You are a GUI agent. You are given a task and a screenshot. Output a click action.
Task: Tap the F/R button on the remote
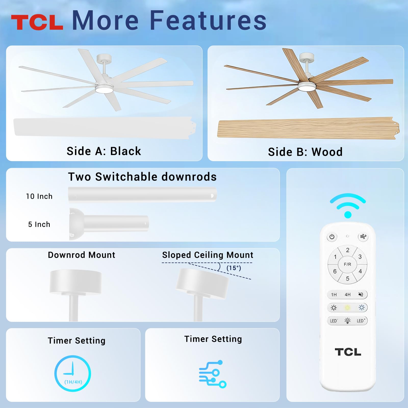(x=347, y=264)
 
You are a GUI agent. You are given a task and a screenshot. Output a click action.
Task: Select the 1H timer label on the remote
(x=334, y=295)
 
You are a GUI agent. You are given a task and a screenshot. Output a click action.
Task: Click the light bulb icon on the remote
(x=347, y=321)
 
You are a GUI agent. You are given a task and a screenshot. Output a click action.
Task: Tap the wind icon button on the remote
(x=363, y=237)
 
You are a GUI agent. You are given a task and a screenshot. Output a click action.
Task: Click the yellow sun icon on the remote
(x=347, y=308)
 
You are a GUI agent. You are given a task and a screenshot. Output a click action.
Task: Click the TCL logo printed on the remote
(x=348, y=352)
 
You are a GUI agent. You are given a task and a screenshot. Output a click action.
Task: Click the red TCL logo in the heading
(x=37, y=22)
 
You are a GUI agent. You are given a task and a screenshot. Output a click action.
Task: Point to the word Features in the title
(x=208, y=20)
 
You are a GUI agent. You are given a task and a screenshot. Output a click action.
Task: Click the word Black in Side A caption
(x=125, y=151)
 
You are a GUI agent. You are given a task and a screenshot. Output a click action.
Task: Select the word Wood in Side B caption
(x=327, y=152)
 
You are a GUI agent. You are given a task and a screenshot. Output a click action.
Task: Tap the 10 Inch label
(x=39, y=196)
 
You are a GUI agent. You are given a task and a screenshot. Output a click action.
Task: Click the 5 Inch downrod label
(x=39, y=224)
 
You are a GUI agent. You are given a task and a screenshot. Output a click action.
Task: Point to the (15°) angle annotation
(x=234, y=268)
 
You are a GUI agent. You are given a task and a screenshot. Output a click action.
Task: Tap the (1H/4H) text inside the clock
(x=73, y=382)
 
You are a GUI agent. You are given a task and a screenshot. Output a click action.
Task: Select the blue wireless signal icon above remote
(x=348, y=206)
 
